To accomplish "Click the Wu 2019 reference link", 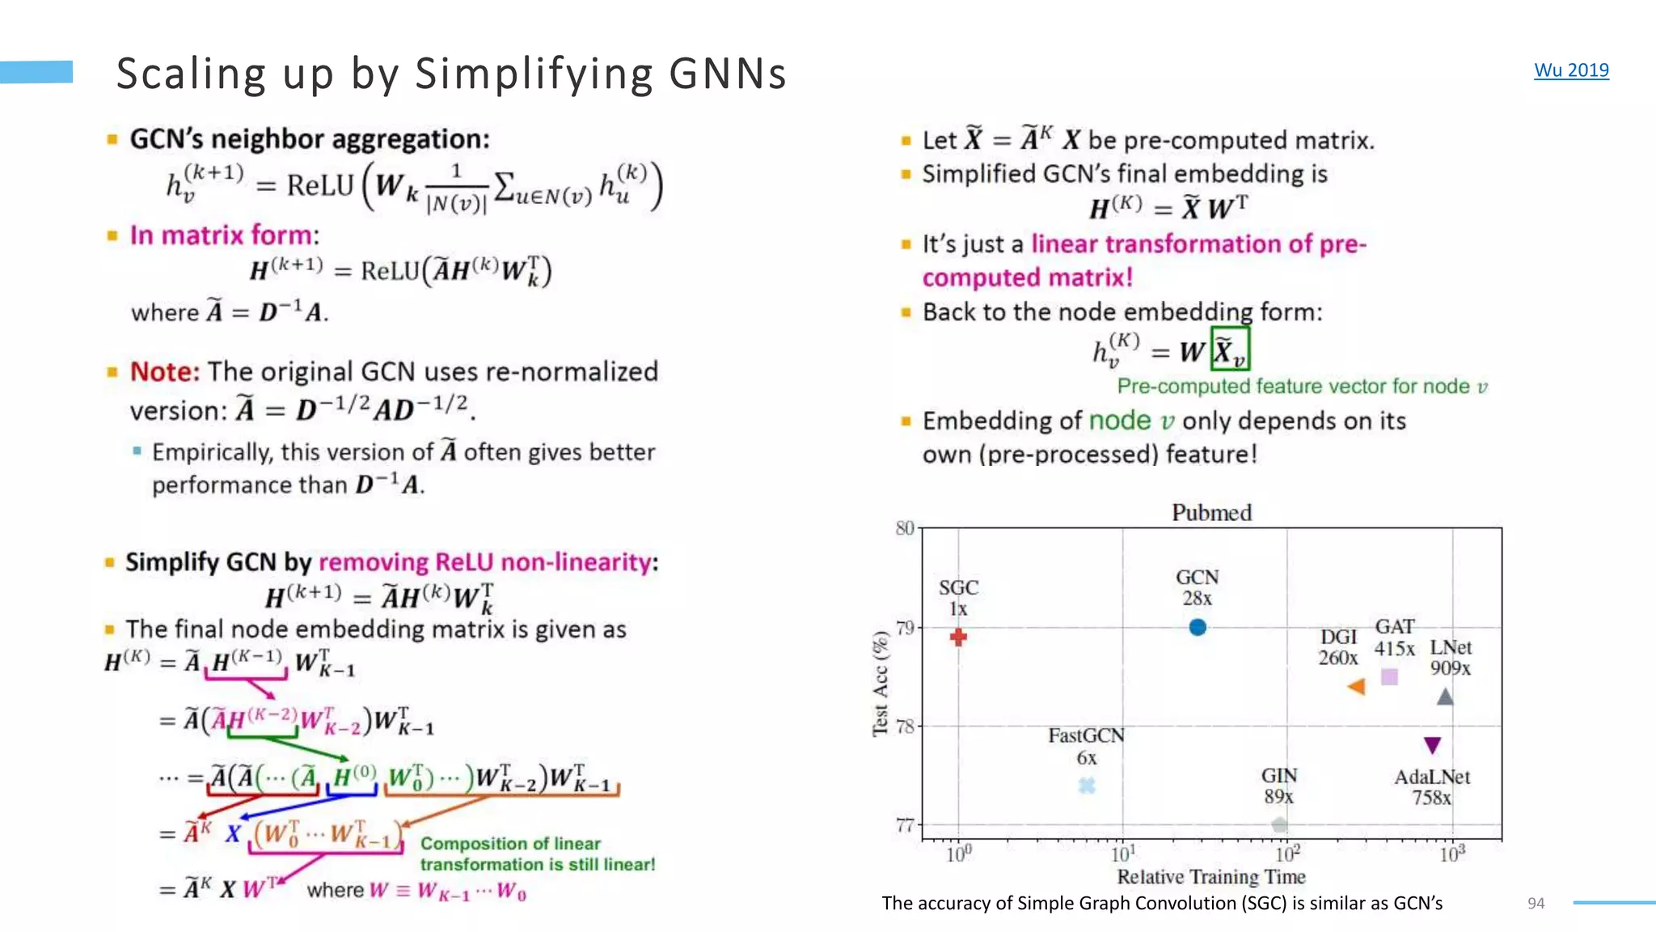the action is pyautogui.click(x=1571, y=70).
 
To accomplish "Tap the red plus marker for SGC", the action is pyautogui.click(x=958, y=638).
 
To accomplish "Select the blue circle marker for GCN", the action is pyautogui.click(x=1198, y=627).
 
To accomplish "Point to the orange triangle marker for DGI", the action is pyautogui.click(x=1357, y=687).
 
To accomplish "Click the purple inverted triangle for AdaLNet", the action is pyautogui.click(x=1432, y=744).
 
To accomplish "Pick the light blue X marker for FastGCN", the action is pyautogui.click(x=1087, y=785).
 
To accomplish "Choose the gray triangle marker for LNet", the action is pyautogui.click(x=1445, y=697).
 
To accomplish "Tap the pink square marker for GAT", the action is pyautogui.click(x=1389, y=677).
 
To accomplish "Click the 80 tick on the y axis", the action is pyautogui.click(x=905, y=528).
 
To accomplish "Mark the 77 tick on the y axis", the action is pyautogui.click(x=905, y=825).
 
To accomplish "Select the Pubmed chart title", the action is pyautogui.click(x=1211, y=513).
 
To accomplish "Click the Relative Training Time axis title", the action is pyautogui.click(x=1211, y=877).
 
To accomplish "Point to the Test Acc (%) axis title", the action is pyautogui.click(x=881, y=684).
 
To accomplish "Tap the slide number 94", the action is pyautogui.click(x=1536, y=903).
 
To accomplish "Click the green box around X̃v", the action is pyautogui.click(x=1230, y=349).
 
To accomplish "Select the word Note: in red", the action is pyautogui.click(x=164, y=372).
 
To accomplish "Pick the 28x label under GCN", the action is pyautogui.click(x=1197, y=599).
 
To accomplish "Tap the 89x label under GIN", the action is pyautogui.click(x=1278, y=797).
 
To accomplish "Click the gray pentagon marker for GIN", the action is pyautogui.click(x=1279, y=824).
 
